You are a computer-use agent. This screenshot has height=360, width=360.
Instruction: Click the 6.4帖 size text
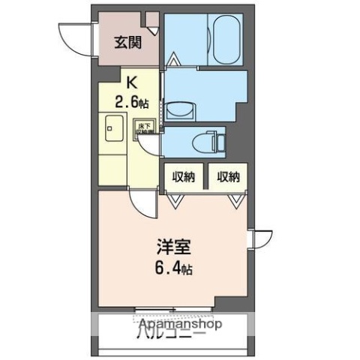(x=172, y=268)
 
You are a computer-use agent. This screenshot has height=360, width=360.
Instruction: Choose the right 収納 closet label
(x=229, y=177)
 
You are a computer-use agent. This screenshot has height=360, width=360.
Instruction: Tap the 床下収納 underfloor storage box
(x=143, y=128)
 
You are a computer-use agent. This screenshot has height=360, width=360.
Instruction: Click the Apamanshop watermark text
(x=180, y=325)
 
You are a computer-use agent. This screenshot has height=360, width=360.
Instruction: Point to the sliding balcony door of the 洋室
(x=172, y=308)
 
